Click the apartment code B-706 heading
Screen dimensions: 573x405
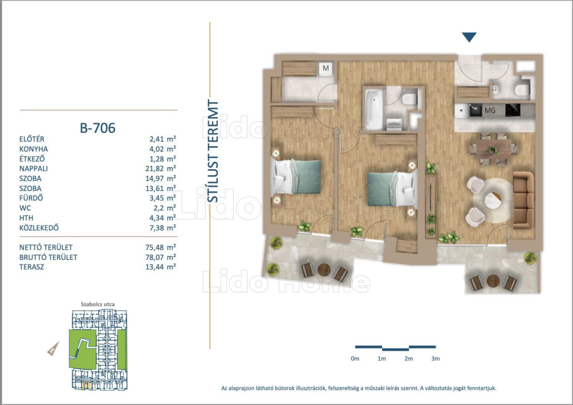click(97, 128)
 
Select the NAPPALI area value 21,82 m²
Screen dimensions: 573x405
click(161, 169)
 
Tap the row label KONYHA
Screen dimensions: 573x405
click(34, 149)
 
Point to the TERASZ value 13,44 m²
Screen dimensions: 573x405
click(161, 267)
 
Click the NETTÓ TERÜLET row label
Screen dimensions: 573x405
click(46, 248)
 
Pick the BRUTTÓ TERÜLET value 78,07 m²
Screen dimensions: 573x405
click(161, 257)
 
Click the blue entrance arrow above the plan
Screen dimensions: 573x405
click(469, 37)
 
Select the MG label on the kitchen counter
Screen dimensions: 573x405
click(490, 110)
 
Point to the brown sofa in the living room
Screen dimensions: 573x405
click(523, 200)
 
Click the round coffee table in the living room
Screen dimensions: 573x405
click(492, 201)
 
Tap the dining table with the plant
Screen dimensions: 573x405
click(494, 150)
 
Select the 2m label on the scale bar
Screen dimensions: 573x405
click(408, 359)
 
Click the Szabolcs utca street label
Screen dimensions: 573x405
click(97, 304)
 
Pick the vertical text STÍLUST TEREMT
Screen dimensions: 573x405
click(213, 151)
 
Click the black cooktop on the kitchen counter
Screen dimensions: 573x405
click(513, 110)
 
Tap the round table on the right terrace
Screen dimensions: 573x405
click(493, 281)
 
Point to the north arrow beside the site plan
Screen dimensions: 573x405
click(53, 348)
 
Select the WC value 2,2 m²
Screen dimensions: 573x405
click(163, 208)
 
